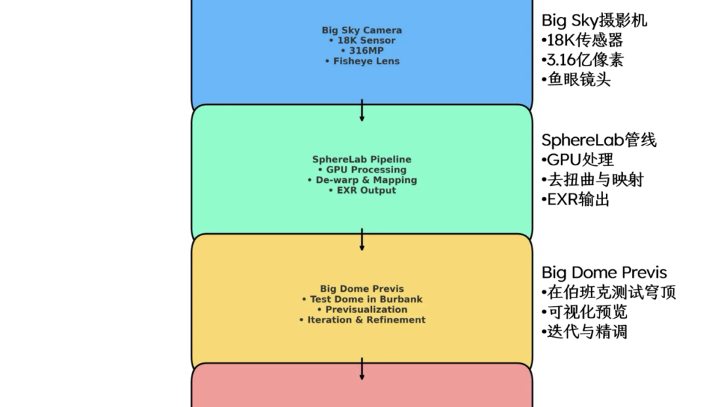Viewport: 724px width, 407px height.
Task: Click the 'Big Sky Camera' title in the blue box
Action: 361,30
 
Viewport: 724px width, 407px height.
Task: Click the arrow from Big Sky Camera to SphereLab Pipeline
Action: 362,110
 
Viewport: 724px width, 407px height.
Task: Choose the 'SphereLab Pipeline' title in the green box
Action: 361,160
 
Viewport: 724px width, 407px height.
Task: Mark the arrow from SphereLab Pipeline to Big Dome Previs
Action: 362,240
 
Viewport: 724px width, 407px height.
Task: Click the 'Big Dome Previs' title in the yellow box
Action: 362,288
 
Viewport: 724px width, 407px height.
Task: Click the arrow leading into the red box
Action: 362,369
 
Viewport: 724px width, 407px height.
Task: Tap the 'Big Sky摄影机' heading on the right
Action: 594,20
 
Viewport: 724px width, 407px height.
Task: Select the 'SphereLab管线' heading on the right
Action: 598,140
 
